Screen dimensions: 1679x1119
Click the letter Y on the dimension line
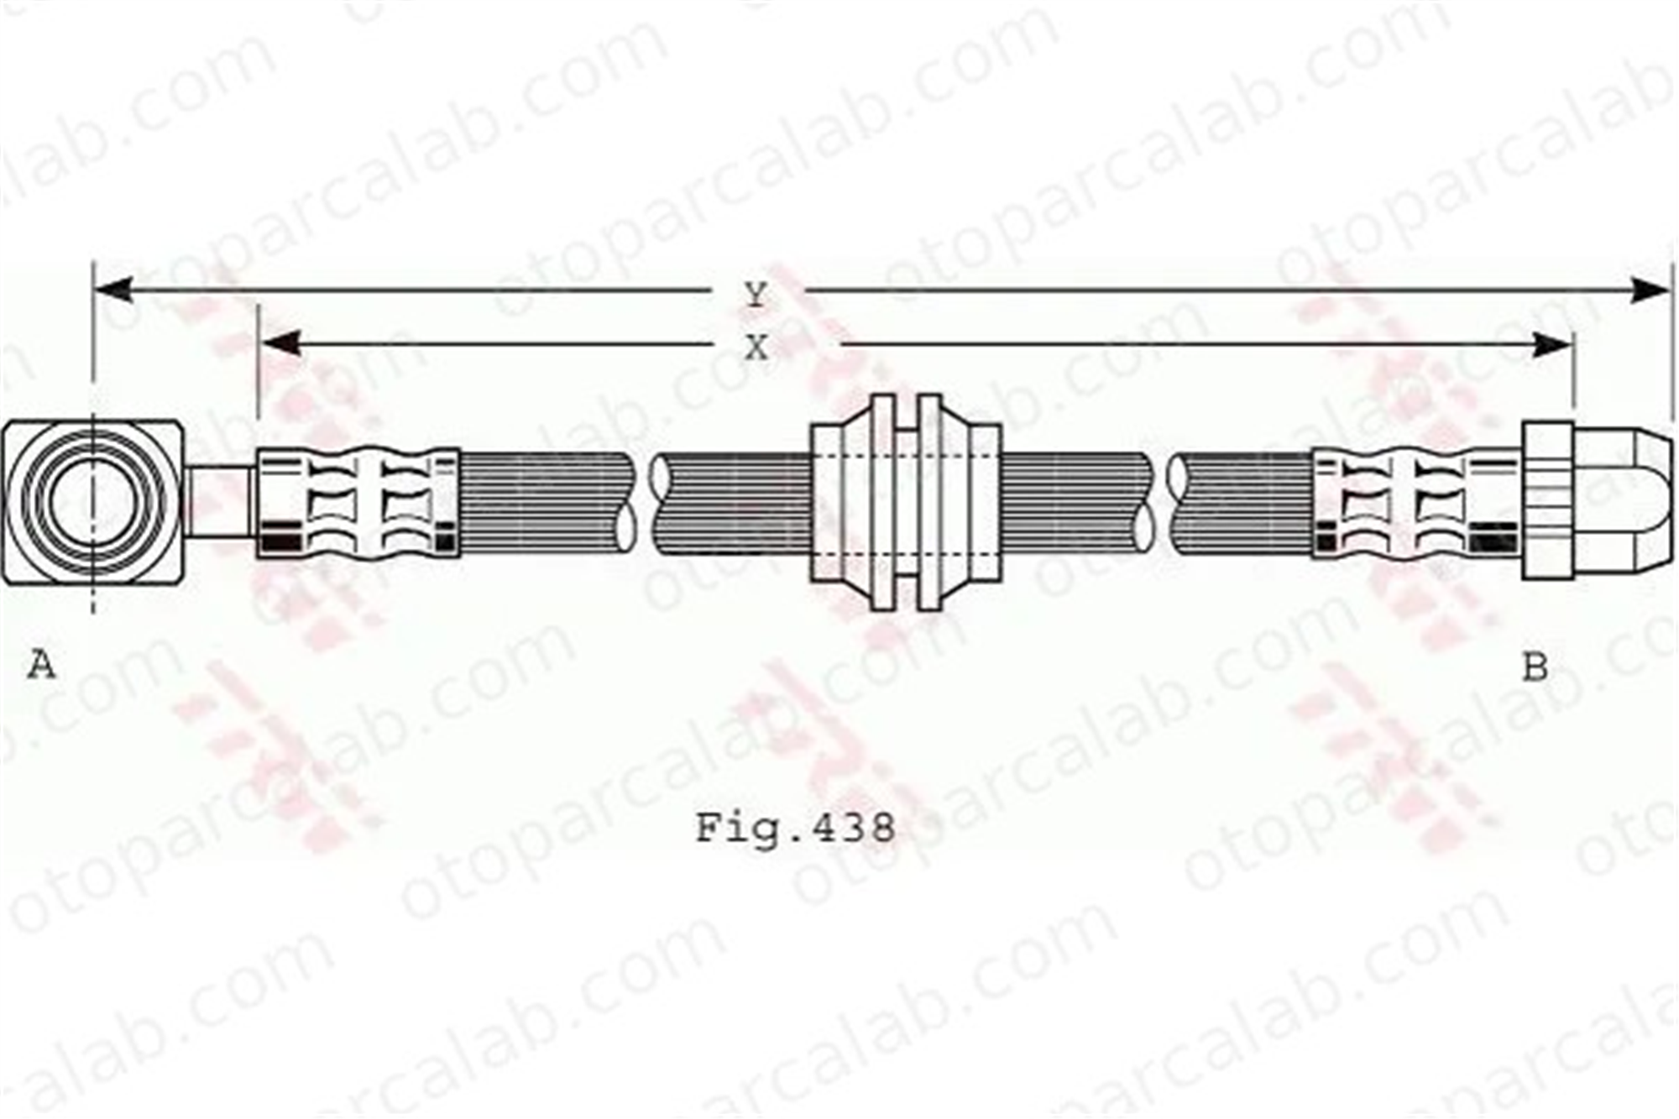(756, 295)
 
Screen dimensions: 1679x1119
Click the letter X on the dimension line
(756, 347)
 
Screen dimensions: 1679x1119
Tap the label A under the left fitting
(41, 666)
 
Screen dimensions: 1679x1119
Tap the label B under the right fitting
(1535, 667)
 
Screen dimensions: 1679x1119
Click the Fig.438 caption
(796, 829)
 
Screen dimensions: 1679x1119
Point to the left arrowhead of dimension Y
(112, 290)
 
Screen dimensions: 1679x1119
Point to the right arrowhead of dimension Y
(1650, 290)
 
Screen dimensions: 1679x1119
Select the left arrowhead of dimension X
(279, 343)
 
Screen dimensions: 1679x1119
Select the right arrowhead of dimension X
(1551, 345)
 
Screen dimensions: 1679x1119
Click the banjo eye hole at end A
(92, 502)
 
